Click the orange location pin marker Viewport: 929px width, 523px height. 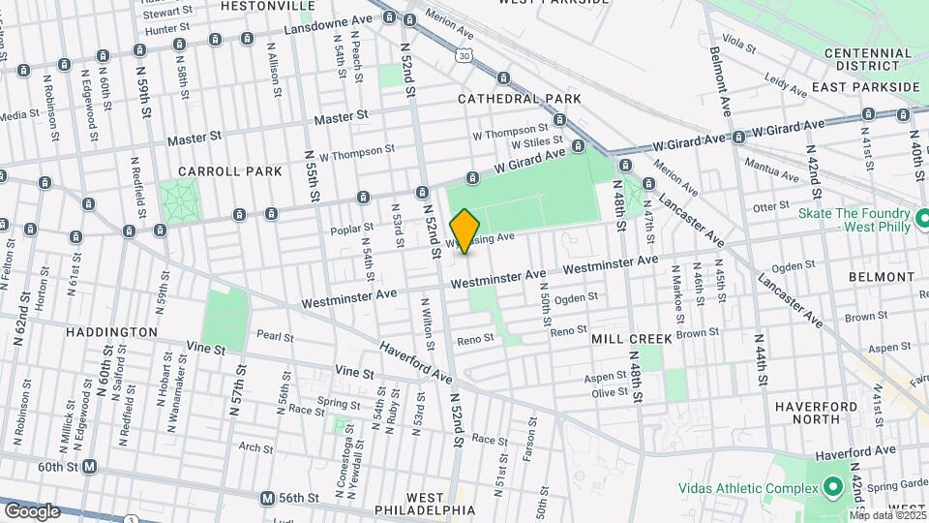464,231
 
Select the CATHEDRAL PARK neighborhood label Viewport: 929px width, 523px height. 519,99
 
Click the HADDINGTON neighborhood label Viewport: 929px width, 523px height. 111,331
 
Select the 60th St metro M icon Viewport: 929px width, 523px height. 90,466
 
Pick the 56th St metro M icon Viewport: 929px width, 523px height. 267,498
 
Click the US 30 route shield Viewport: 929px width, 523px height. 465,57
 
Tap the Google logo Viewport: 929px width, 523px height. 31,510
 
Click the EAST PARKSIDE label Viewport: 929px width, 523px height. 865,87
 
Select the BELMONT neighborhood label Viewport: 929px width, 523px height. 881,277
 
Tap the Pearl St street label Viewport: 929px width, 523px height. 275,335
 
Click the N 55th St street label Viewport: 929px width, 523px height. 312,174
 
